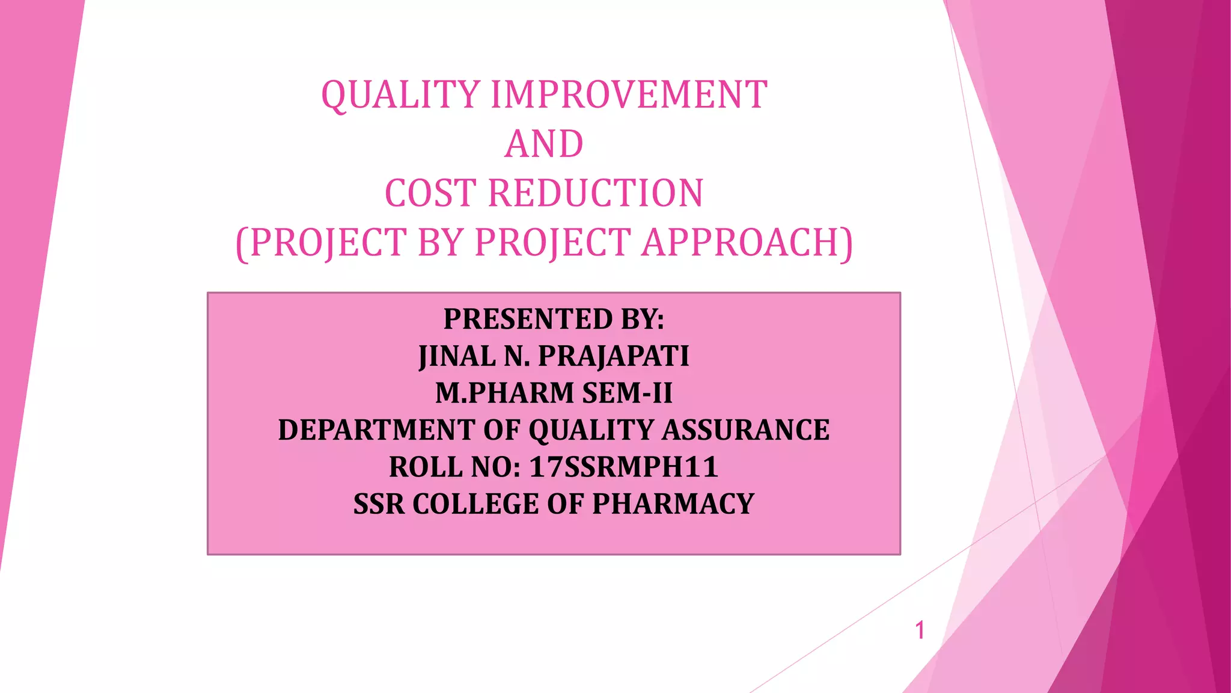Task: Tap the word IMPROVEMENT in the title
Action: [629, 95]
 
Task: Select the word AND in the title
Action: [544, 144]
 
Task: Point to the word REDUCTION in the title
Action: [595, 194]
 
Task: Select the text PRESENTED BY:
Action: [554, 319]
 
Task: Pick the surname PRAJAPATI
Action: [613, 356]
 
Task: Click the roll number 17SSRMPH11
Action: [623, 467]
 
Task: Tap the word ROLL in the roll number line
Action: [421, 467]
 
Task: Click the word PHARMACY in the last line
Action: [673, 504]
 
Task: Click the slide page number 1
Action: [919, 630]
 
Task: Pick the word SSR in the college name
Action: [379, 504]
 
